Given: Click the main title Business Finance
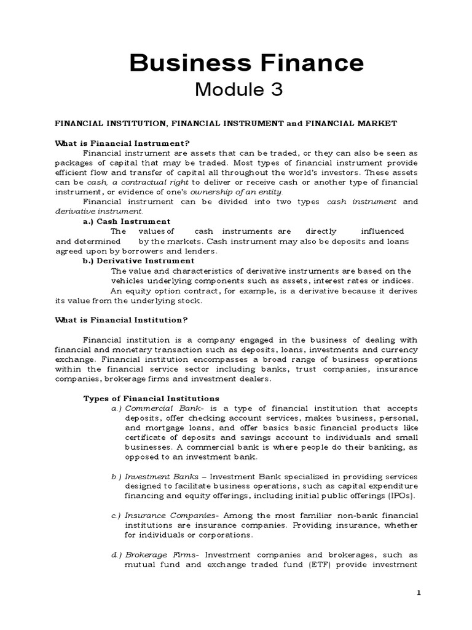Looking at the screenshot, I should click(245, 63).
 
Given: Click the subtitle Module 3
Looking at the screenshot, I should click(238, 90).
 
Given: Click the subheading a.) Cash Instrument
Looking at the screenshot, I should click(127, 221).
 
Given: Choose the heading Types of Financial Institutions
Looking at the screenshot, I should click(151, 399).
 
